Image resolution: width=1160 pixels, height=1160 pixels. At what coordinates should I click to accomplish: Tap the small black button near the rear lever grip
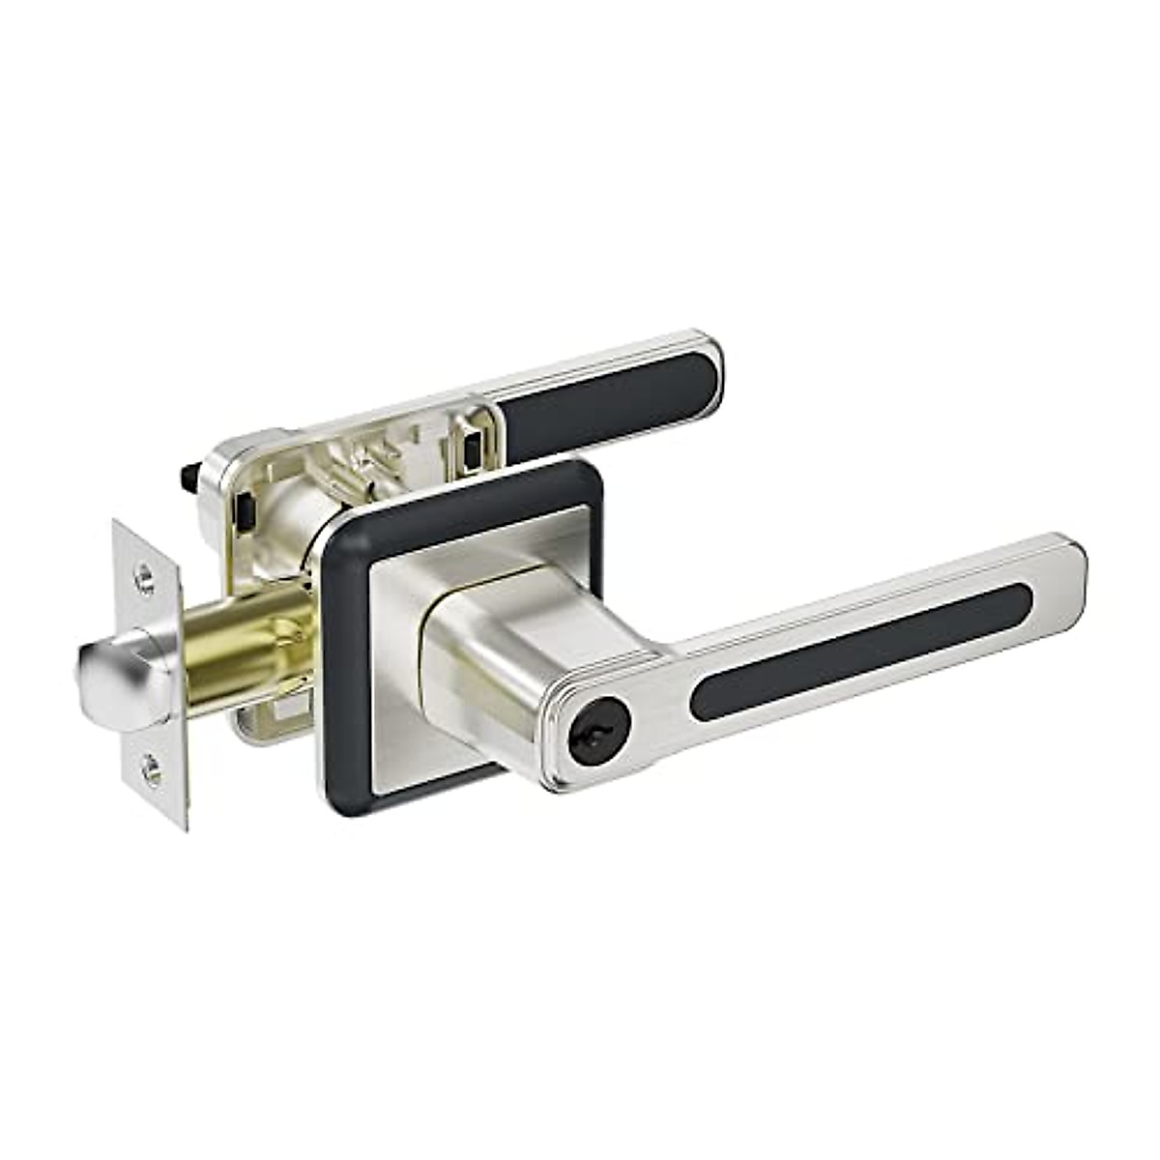[474, 448]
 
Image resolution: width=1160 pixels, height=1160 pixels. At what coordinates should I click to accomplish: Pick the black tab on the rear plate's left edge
[247, 507]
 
